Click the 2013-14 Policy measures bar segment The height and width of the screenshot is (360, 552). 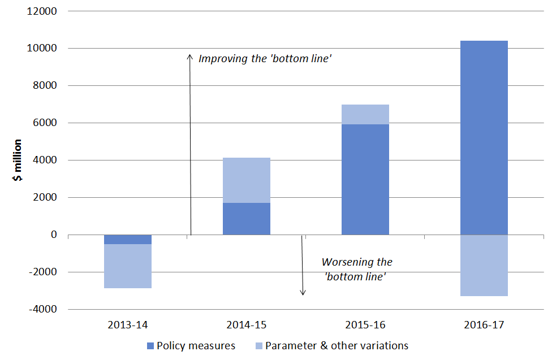128,240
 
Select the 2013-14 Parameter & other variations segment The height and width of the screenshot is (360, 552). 128,266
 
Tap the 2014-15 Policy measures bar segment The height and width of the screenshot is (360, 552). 247,219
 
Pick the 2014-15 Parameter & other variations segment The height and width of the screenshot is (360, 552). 247,180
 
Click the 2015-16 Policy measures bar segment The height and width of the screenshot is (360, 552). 365,179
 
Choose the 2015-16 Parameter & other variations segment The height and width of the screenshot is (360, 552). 365,114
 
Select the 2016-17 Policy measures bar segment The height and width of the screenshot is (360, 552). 484,137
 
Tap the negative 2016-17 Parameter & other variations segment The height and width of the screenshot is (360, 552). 484,265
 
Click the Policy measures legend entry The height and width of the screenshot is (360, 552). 191,346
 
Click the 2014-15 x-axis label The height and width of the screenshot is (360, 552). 247,326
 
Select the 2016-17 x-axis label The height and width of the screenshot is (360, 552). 484,326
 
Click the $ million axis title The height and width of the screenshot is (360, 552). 18,160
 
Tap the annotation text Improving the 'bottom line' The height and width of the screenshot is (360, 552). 265,58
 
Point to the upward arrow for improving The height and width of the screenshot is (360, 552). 191,141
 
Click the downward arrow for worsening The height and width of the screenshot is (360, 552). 303,266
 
